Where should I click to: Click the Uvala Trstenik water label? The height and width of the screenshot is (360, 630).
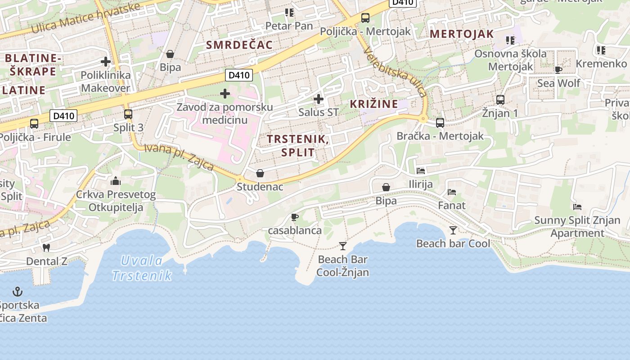point(142,268)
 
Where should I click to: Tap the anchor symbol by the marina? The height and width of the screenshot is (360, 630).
point(18,292)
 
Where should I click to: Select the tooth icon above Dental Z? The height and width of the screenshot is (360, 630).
point(46,247)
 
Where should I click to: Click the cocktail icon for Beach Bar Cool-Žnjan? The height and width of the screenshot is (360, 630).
point(343,246)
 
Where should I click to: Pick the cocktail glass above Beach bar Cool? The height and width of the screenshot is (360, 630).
point(453,230)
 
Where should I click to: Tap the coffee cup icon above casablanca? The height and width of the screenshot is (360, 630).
point(295,217)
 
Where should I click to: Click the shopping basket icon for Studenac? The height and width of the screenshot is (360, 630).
point(260,173)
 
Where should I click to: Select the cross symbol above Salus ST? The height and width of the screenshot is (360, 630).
point(319,99)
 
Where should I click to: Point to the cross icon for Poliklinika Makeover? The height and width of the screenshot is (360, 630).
point(106,62)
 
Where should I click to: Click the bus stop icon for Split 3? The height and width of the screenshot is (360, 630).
point(128,114)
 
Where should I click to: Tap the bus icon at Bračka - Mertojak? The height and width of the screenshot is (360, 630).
point(440,122)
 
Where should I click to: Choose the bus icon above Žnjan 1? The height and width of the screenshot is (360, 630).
point(500,100)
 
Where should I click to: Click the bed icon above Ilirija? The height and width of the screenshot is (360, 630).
point(421,171)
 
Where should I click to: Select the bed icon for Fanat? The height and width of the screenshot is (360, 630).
point(452,192)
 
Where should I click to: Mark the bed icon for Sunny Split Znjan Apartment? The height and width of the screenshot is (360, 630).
point(577,207)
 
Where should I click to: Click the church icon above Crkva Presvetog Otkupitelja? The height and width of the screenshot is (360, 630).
point(116,181)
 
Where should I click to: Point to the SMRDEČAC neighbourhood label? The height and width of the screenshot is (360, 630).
point(239,45)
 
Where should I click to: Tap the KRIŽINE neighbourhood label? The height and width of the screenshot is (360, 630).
point(374,104)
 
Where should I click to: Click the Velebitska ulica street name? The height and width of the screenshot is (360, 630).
point(396,72)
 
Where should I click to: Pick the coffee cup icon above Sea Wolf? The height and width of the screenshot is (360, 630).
point(558,70)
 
